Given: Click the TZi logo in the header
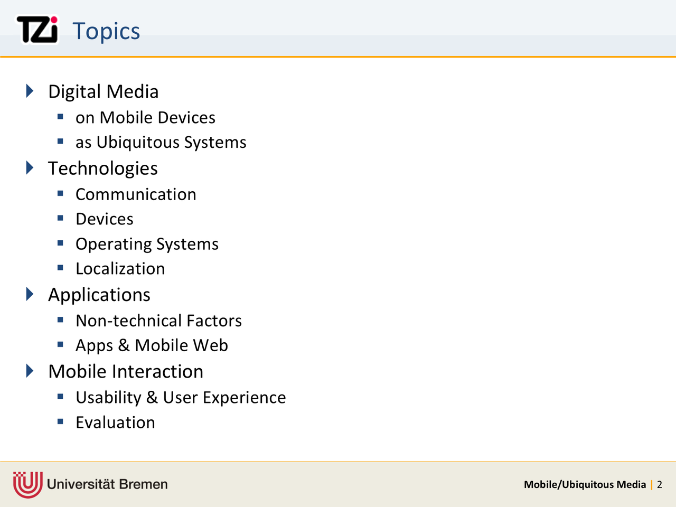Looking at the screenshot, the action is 37,30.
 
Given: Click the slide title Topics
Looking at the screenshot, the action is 106,31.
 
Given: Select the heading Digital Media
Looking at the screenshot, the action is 103,91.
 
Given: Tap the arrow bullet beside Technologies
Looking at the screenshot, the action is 30,168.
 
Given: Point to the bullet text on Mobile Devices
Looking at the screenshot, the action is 145,118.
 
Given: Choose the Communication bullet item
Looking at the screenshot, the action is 136,194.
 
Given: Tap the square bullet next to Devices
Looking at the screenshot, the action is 60,218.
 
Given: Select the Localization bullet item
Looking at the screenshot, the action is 120,269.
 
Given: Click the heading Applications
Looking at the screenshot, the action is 99,295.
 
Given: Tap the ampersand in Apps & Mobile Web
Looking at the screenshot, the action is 124,345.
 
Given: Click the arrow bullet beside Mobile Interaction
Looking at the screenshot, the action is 30,371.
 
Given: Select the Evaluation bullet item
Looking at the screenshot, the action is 116,422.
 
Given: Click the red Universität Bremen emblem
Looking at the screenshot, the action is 27,484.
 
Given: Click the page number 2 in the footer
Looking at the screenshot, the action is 660,484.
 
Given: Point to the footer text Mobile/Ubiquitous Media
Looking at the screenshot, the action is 585,485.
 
